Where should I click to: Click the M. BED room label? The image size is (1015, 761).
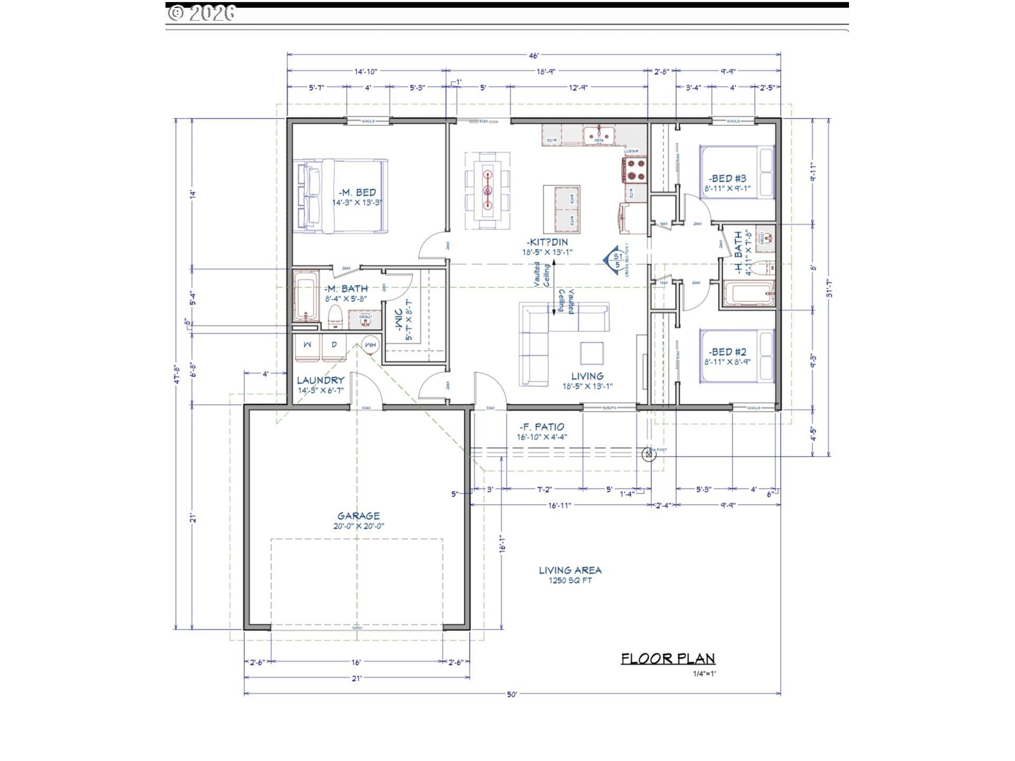click(357, 192)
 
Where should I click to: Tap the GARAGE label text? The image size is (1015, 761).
click(358, 516)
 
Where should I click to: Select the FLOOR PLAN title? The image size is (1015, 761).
click(668, 658)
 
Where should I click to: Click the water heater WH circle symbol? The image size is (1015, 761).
click(371, 344)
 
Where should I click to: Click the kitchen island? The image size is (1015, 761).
click(561, 210)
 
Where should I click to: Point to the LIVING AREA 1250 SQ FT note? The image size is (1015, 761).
click(570, 574)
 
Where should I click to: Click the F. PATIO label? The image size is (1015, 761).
click(542, 427)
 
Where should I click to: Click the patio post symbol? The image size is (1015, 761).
click(649, 454)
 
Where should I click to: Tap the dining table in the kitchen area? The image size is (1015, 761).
click(487, 190)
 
